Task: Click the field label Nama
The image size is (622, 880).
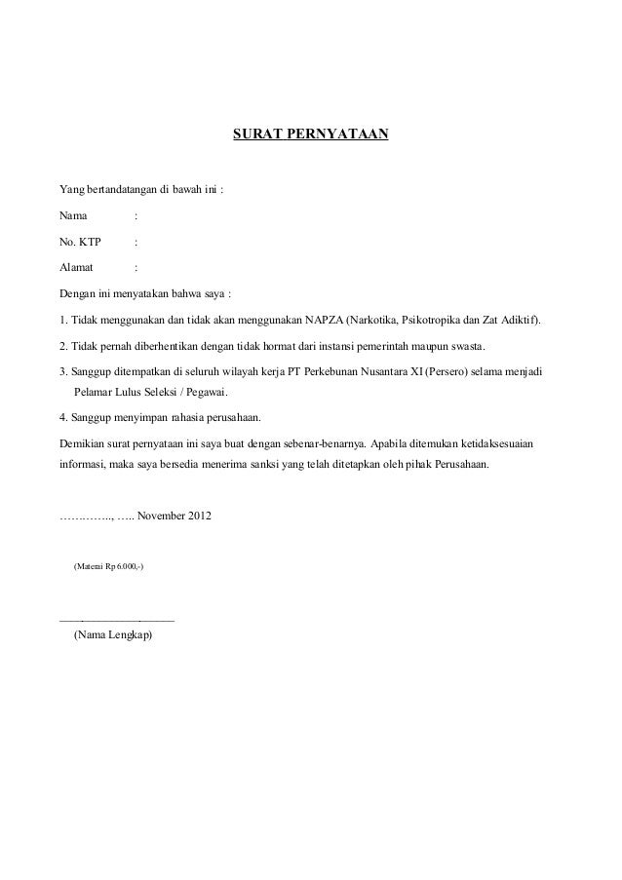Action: pyautogui.click(x=73, y=214)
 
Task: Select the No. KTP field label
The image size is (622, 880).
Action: pyautogui.click(x=80, y=240)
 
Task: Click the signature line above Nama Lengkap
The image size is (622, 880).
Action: pyautogui.click(x=117, y=619)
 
